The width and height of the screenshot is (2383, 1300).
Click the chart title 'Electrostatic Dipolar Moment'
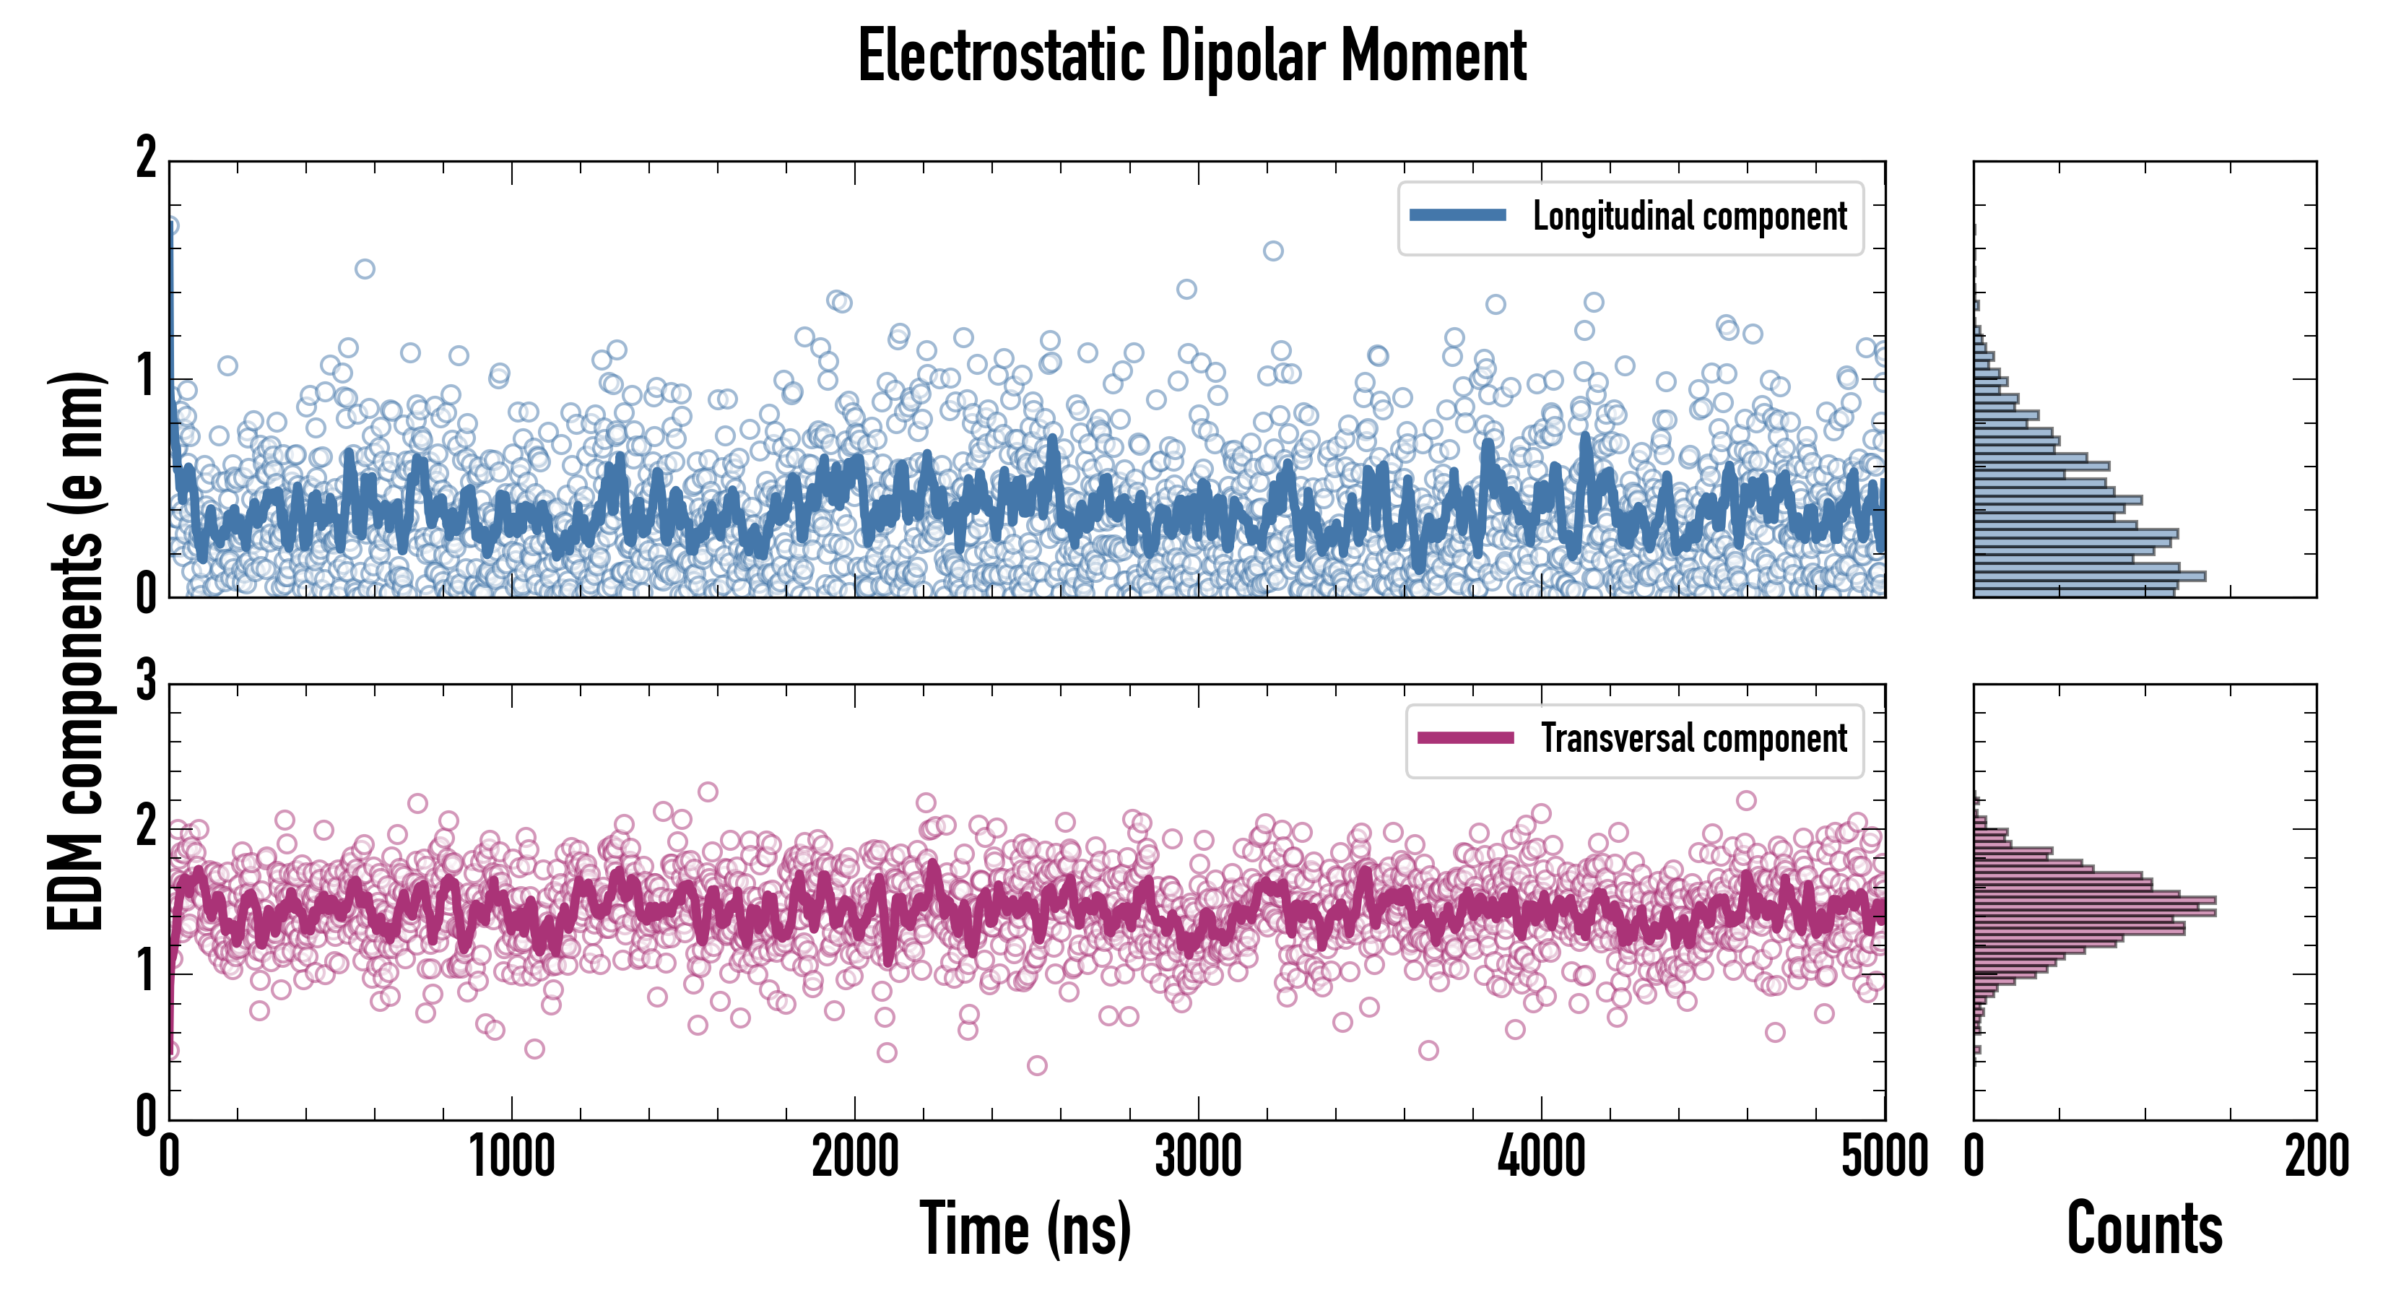click(x=1191, y=57)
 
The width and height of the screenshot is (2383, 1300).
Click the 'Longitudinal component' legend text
click(x=1689, y=217)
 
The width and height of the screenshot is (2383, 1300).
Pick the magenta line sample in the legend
click(x=1465, y=738)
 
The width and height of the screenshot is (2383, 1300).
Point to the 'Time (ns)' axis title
click(x=1025, y=1228)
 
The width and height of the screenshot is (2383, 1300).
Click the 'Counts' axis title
click(x=2144, y=1228)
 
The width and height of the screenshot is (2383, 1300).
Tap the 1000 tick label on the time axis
click(x=511, y=1156)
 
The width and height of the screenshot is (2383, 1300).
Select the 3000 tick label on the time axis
click(x=1198, y=1156)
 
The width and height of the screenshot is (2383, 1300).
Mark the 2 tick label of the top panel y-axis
click(x=146, y=159)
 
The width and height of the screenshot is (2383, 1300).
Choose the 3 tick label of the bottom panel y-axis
click(x=146, y=682)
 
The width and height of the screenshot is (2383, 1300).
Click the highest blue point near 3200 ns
click(x=1273, y=251)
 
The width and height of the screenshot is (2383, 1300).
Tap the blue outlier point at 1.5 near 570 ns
click(x=365, y=269)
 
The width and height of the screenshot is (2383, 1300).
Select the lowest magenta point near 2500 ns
click(x=1037, y=1066)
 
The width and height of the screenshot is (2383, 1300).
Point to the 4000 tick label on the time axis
click(x=1541, y=1156)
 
